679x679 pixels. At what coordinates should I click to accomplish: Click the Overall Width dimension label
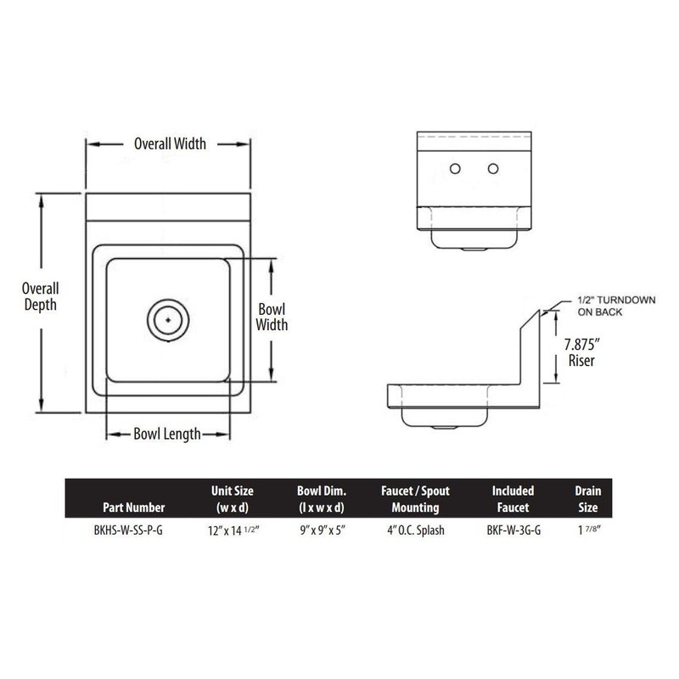pos(170,143)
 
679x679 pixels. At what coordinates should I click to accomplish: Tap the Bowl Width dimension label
pos(272,316)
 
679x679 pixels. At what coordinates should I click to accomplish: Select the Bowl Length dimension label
pos(167,435)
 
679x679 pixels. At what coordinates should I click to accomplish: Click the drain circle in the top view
pos(168,318)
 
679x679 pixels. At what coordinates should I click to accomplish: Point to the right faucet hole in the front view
pos(492,169)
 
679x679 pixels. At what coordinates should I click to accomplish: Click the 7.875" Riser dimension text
pos(582,352)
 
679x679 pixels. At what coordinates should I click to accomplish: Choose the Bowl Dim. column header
pos(320,499)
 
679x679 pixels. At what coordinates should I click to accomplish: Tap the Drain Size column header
pos(587,499)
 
